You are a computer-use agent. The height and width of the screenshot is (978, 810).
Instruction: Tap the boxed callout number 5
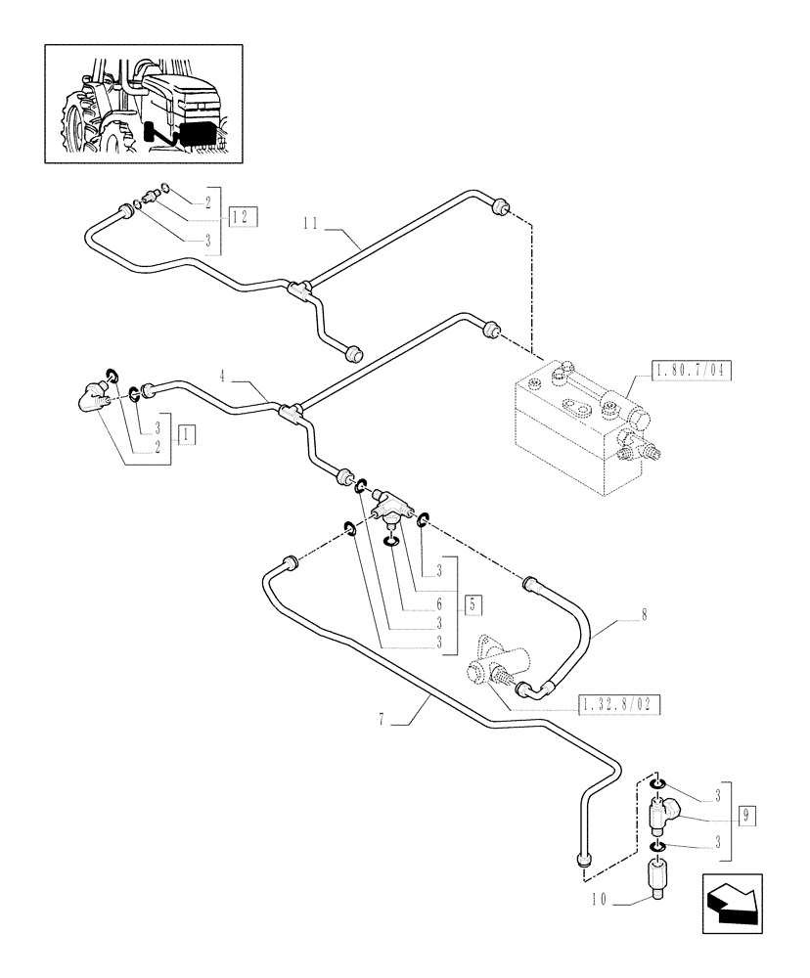tap(473, 603)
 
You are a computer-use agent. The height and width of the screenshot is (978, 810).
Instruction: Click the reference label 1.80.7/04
tap(692, 371)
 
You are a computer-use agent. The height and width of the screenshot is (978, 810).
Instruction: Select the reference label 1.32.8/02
tap(619, 702)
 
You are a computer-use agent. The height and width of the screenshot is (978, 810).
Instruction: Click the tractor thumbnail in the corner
tap(144, 103)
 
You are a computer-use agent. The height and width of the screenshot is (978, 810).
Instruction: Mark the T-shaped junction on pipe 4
tap(291, 412)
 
